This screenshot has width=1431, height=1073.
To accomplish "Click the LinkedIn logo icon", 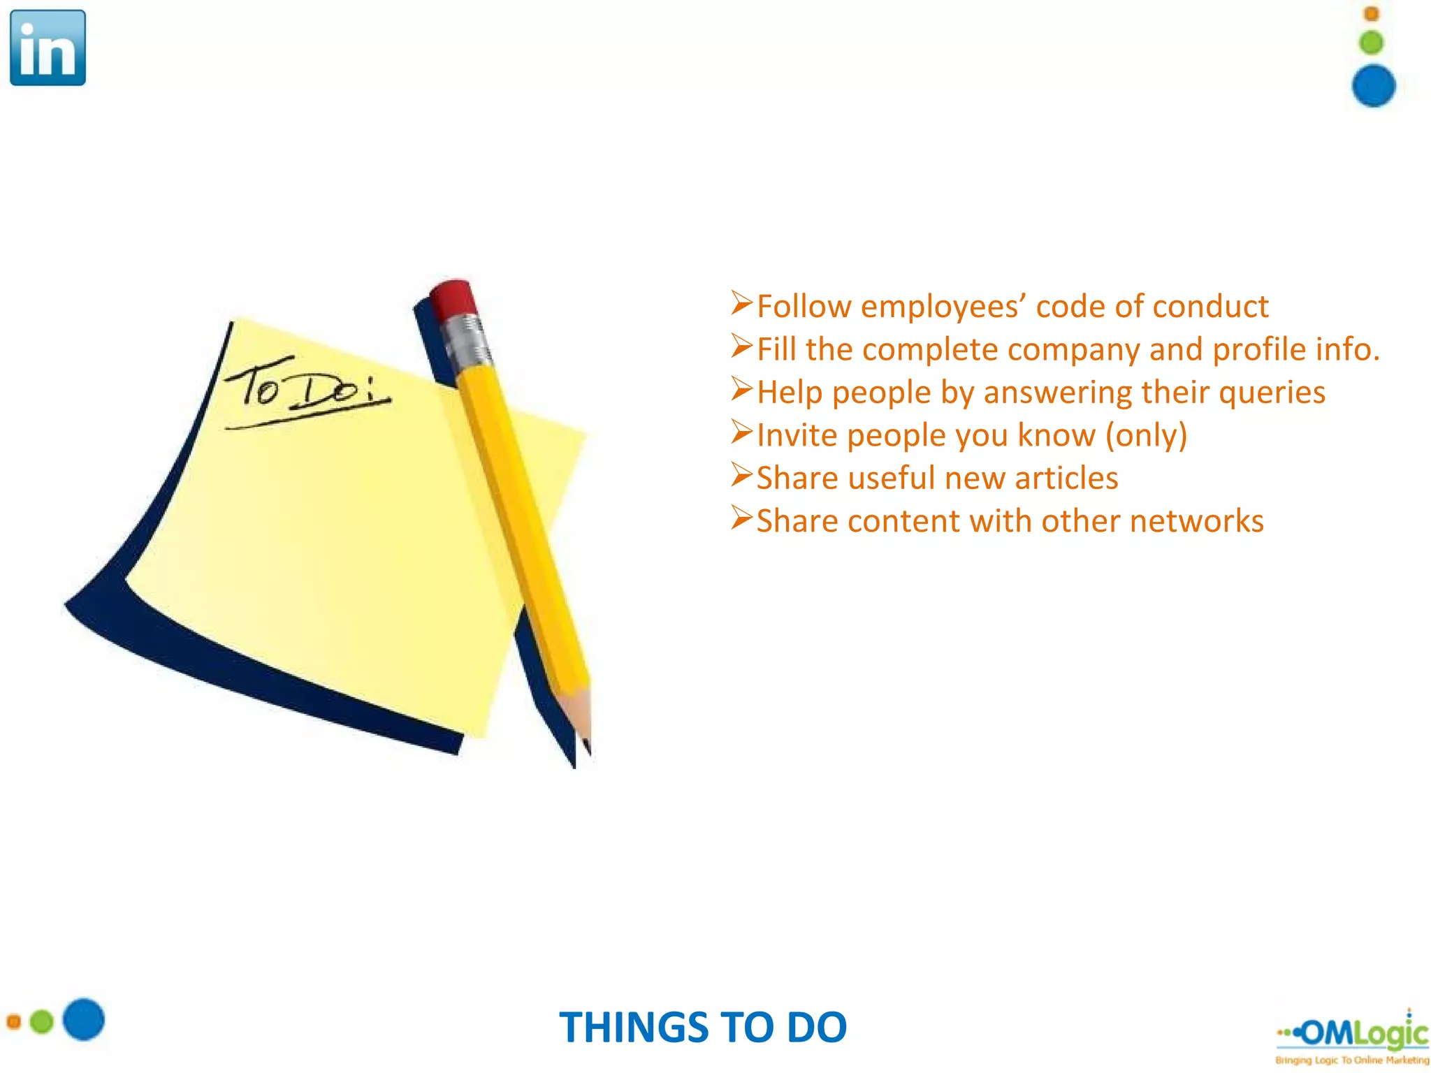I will pos(48,48).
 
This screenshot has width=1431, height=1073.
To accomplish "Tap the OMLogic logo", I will pos(1353,1036).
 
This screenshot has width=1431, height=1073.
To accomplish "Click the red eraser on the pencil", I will pos(453,298).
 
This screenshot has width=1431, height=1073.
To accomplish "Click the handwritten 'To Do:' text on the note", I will pos(307,388).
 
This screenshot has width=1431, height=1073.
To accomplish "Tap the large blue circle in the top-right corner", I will pos(1373,86).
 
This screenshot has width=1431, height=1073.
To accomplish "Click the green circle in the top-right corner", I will pos(1371,43).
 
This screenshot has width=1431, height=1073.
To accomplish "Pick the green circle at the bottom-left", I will pos(42,1022).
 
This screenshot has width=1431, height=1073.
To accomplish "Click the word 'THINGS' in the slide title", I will pos(633,1028).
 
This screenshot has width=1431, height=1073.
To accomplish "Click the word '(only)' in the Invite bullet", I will pos(1146,435).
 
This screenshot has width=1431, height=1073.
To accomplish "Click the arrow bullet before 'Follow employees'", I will pos(741,303).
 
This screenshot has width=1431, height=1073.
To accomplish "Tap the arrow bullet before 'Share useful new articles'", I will pos(741,475).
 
